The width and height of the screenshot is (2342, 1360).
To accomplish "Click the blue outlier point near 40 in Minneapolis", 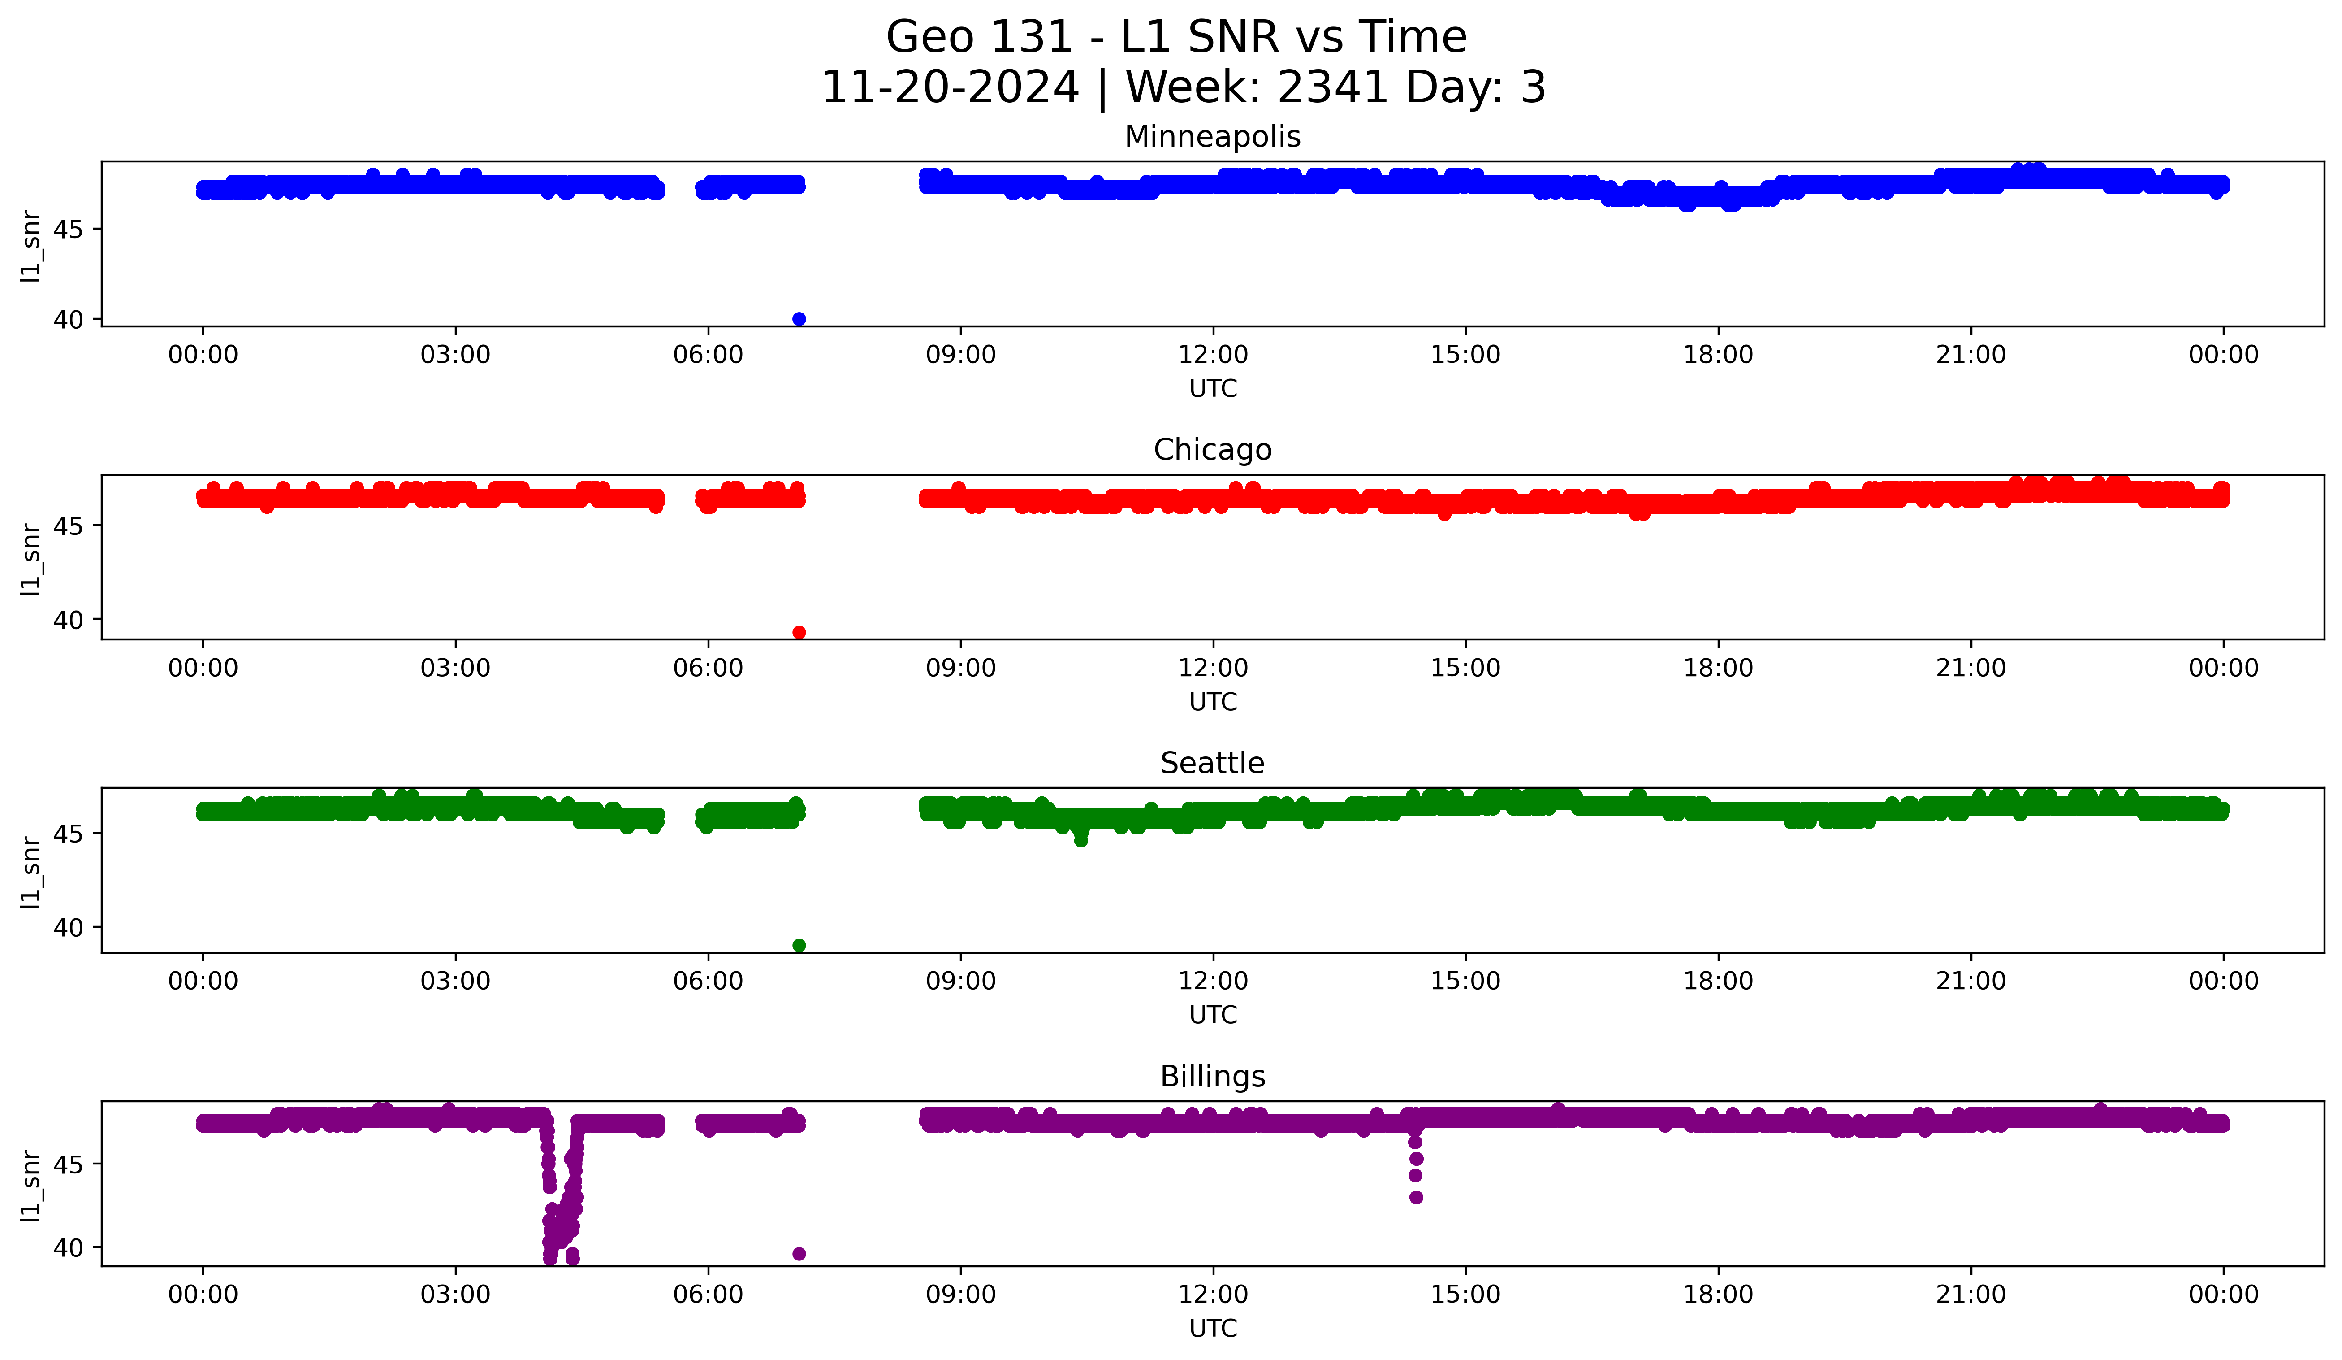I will pos(798,319).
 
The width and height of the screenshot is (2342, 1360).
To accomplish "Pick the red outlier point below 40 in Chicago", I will pos(798,632).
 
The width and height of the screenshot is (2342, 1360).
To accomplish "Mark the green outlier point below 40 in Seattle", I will pos(798,945).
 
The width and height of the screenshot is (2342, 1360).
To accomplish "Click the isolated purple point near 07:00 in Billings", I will pos(798,1254).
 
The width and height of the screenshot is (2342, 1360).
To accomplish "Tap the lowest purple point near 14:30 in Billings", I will pos(1415,1197).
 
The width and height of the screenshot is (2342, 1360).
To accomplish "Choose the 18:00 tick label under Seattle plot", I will pos(1717,982).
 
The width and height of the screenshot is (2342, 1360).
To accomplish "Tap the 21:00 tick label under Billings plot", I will pos(1970,1295).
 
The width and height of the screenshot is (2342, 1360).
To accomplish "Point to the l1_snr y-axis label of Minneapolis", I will pos(30,245).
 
